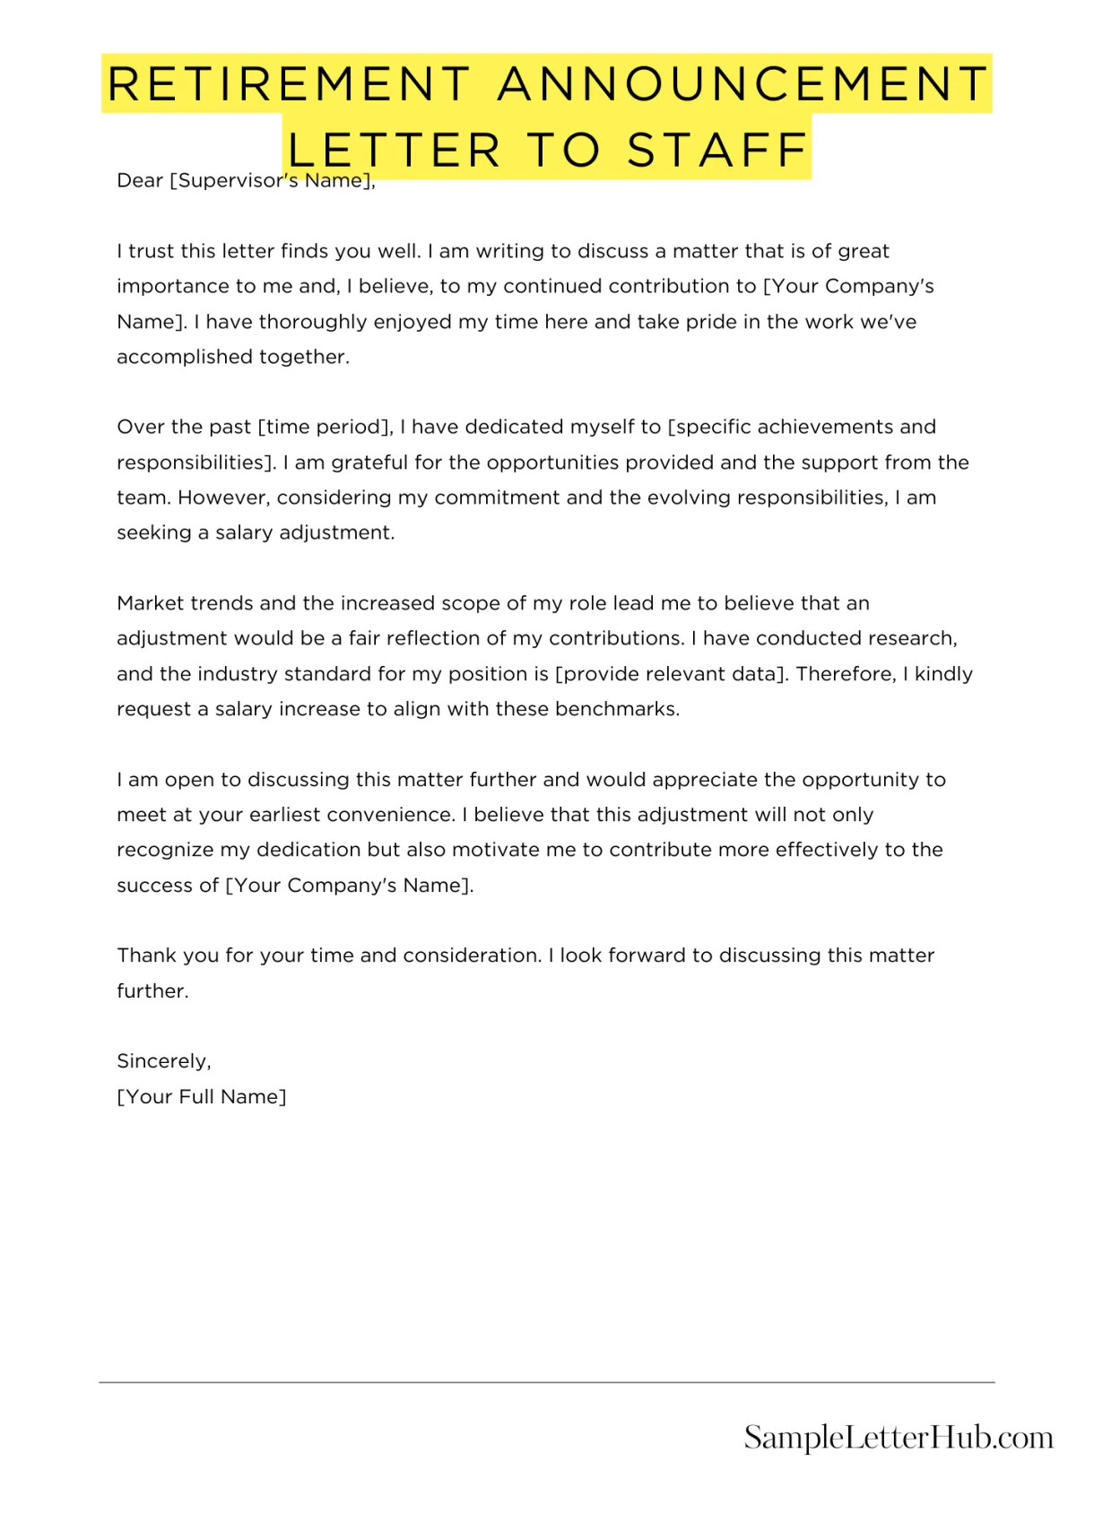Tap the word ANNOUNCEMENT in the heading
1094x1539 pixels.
742,84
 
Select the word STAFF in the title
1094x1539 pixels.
717,150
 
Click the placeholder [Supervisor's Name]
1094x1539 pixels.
271,181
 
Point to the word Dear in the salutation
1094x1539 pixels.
140,181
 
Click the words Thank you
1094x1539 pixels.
168,955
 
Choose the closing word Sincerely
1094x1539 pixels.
163,1061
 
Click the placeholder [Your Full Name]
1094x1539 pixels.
202,1097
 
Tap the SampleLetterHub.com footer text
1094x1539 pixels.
899,1437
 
